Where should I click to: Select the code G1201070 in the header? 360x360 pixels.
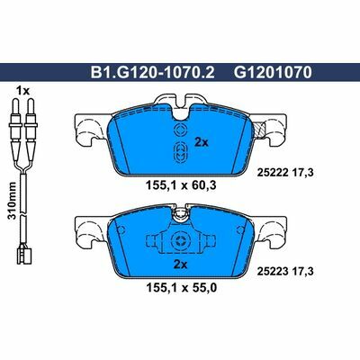(x=270, y=78)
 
